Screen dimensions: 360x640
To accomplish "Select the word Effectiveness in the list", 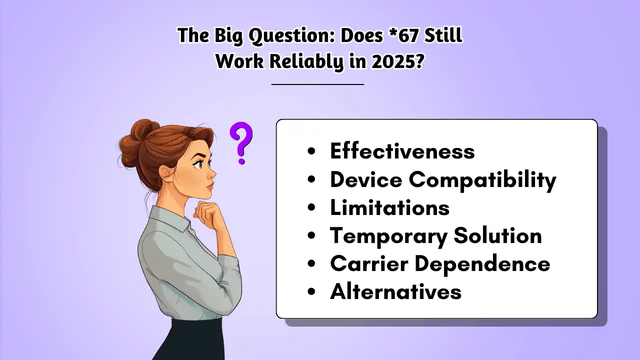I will coord(402,151).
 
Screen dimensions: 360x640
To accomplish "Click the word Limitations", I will coord(389,207).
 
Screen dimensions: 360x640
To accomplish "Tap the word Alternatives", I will coord(395,291).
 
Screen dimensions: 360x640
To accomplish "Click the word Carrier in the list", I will coord(361,263).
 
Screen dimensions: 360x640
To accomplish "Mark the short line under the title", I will coord(317,84).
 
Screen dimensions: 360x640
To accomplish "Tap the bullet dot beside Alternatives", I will coord(312,292).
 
